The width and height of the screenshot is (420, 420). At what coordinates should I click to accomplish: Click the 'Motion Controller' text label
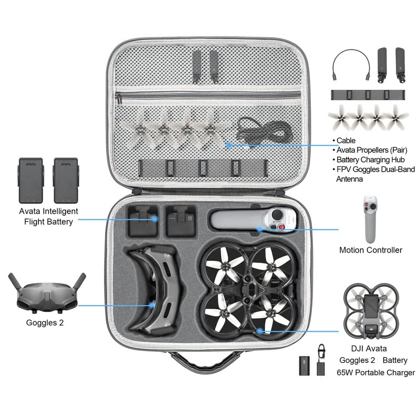(x=371, y=250)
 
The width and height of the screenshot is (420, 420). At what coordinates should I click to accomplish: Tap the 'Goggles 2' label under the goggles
(x=45, y=323)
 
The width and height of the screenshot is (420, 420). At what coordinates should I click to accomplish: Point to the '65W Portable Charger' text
(x=376, y=373)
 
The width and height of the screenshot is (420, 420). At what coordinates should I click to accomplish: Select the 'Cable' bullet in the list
(x=346, y=141)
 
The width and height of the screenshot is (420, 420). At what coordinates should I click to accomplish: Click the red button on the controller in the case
(x=285, y=227)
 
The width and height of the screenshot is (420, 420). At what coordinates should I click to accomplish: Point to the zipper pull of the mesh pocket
(x=119, y=99)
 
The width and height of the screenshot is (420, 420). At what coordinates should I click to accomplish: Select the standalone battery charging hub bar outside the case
(x=368, y=95)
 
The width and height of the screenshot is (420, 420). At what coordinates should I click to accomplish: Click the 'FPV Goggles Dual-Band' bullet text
(x=376, y=169)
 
